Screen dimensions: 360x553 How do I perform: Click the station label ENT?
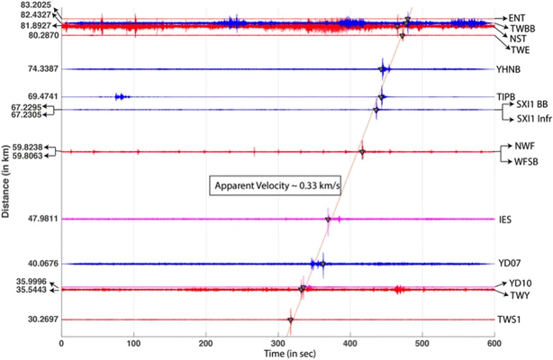[x=516, y=17]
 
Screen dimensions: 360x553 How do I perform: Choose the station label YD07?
[x=509, y=265]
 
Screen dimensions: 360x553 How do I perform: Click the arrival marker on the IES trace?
[x=328, y=219]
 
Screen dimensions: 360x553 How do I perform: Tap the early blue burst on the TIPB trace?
[x=121, y=96]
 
